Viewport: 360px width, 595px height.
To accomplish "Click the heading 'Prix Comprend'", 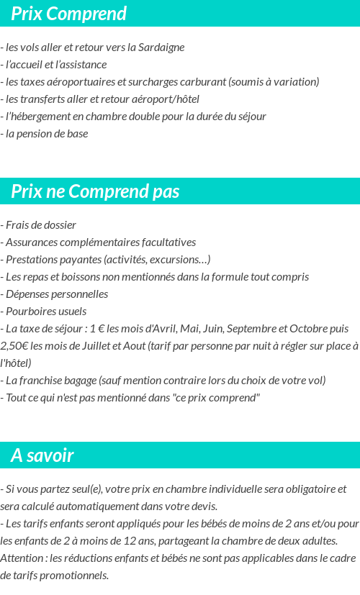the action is coord(68,14).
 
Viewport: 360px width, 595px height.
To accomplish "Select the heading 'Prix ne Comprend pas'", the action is coord(95,191).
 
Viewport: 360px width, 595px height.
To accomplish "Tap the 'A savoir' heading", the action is coord(42,455).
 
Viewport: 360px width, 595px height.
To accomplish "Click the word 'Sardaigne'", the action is coord(162,47).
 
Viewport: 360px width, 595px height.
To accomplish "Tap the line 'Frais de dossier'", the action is coord(40,225).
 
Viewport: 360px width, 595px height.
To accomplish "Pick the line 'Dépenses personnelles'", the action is coord(56,294).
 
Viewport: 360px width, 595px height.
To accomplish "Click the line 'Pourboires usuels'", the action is coord(45,312).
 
